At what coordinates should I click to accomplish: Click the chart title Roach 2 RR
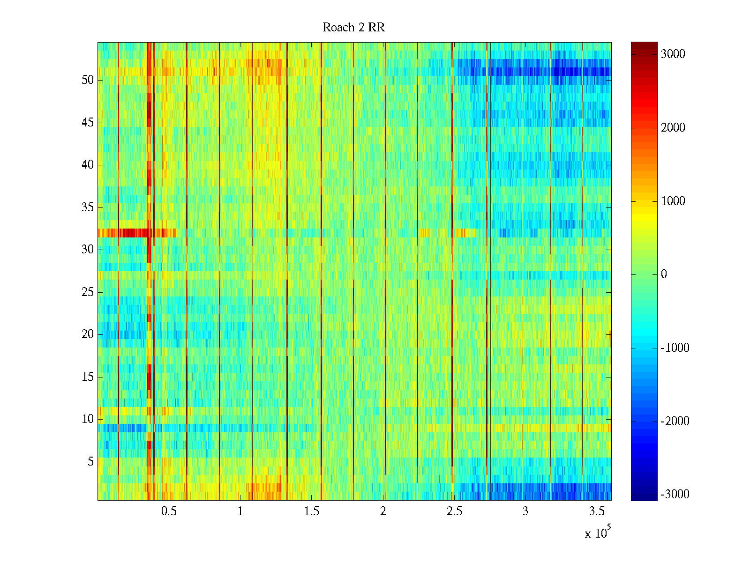point(353,28)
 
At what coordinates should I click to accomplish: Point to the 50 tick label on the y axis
point(88,80)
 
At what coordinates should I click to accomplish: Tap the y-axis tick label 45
point(88,123)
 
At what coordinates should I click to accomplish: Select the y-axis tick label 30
point(88,250)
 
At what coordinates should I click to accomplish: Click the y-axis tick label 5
point(90,462)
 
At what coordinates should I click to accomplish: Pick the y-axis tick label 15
point(88,377)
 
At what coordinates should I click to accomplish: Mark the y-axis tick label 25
point(88,292)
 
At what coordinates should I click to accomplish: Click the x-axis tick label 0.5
point(169,511)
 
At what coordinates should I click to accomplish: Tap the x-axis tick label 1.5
point(312,511)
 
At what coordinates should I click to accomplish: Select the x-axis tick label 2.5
point(454,511)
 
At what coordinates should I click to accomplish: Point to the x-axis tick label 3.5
point(597,511)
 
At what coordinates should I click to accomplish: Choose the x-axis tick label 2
point(383,511)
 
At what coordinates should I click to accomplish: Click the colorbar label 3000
point(673,54)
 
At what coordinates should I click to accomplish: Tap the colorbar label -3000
point(675,495)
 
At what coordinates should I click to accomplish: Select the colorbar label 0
point(664,274)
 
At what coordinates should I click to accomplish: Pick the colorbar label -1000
point(675,348)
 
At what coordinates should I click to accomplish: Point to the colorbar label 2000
point(673,128)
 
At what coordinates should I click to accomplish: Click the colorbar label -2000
point(675,421)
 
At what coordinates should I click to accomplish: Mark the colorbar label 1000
point(673,201)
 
